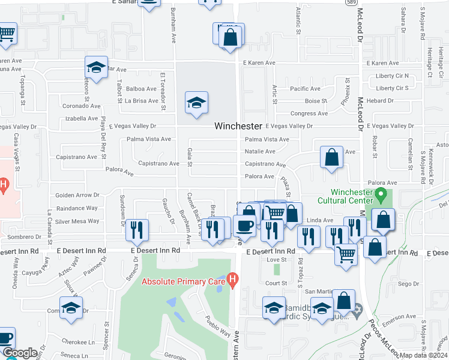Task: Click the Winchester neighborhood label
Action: coord(239,127)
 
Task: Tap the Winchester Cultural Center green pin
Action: coord(380,195)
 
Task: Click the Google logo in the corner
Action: coord(20,353)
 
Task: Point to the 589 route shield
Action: coord(353,3)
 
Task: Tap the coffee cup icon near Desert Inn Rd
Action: coord(244,226)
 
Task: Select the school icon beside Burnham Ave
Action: coord(196,103)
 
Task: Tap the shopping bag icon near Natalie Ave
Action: coord(331,158)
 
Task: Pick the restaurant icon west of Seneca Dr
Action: coord(138,230)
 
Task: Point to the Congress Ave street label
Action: coord(309,113)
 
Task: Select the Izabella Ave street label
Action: coord(81,119)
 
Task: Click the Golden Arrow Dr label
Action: coord(77,195)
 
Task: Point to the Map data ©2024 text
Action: coord(423,355)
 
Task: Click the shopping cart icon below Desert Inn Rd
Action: coord(346,255)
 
